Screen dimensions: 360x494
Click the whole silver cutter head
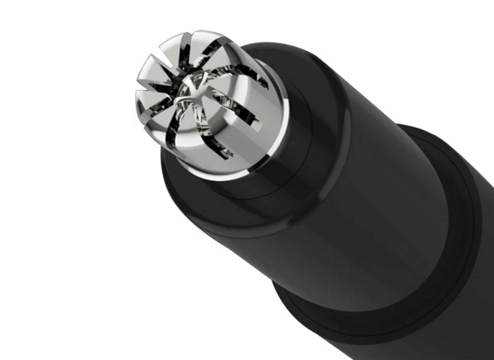click(x=202, y=103)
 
